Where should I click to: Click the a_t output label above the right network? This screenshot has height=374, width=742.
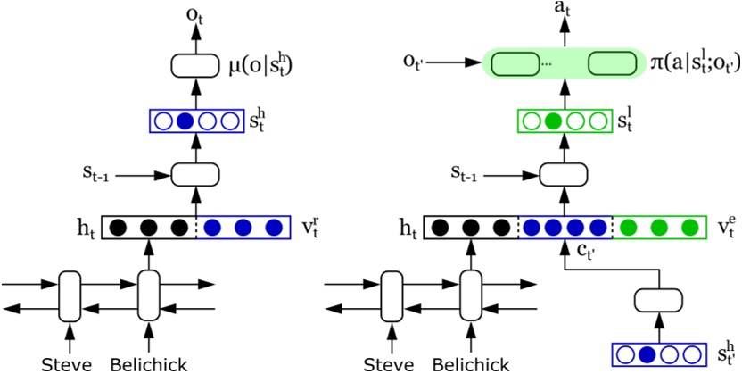(x=563, y=12)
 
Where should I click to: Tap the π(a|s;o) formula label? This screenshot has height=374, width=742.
(x=692, y=65)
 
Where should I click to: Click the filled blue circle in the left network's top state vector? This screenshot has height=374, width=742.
(x=185, y=121)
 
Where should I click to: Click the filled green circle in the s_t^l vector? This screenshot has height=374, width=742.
(x=553, y=121)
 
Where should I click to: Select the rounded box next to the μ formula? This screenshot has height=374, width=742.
(x=195, y=65)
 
